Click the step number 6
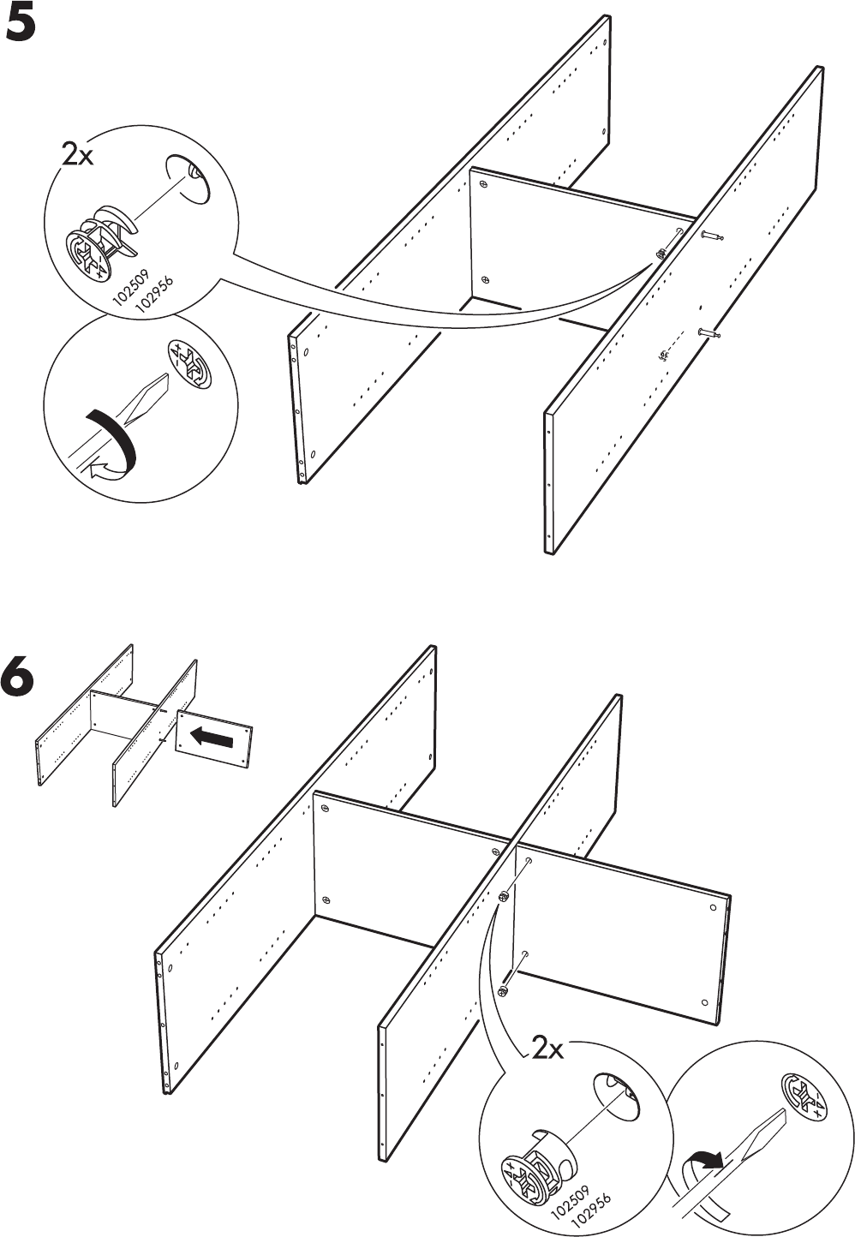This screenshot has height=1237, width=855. point(21,678)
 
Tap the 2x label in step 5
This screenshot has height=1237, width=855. point(77,155)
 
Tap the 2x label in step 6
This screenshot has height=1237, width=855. point(547,1048)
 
